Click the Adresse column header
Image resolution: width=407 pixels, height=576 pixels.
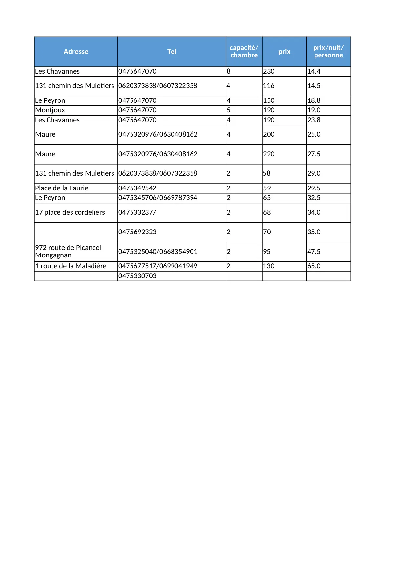(76, 52)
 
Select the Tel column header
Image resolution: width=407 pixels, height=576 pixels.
(172, 52)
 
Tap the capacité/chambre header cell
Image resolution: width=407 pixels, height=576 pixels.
(244, 52)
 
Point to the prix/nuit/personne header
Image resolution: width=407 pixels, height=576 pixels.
(328, 52)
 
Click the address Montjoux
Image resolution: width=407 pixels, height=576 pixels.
(50, 110)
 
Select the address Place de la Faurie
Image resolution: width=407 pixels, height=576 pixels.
(62, 188)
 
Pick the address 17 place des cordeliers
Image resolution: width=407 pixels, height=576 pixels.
(70, 212)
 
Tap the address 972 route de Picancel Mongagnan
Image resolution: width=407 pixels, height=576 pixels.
(68, 251)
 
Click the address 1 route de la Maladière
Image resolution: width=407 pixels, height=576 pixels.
(71, 266)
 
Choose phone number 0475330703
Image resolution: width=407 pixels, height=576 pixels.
(137, 276)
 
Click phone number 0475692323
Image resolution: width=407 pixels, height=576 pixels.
(137, 232)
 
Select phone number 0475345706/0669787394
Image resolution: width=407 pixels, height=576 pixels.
(158, 198)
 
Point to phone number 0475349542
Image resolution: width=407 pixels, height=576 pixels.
(137, 188)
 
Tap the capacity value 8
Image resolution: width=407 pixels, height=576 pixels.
(229, 71)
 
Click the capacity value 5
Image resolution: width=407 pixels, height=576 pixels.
(229, 110)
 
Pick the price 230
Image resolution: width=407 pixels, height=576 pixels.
(269, 71)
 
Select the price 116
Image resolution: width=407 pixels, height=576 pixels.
(269, 86)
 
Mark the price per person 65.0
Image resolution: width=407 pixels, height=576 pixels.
(314, 266)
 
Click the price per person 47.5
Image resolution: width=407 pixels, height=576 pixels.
(314, 252)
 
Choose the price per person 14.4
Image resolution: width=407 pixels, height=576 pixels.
(314, 71)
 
